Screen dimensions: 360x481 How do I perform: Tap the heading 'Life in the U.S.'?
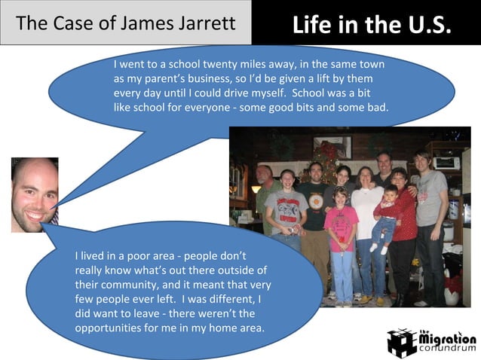click(x=372, y=26)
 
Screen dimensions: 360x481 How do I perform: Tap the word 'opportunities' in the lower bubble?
click(x=107, y=328)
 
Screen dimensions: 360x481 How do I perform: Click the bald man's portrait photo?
click(x=35, y=194)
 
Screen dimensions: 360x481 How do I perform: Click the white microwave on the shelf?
click(x=446, y=163)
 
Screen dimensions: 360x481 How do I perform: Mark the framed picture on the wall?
click(x=332, y=146)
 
